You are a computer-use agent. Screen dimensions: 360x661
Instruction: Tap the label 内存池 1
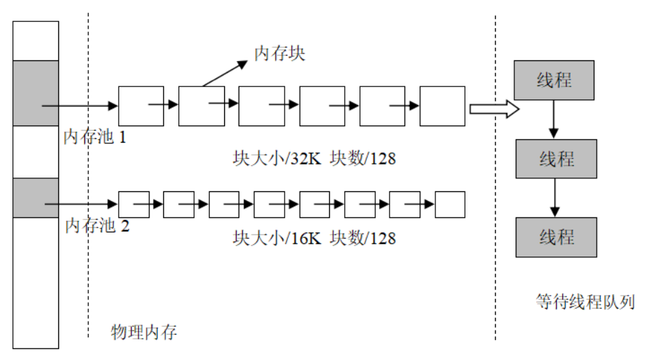tap(95, 136)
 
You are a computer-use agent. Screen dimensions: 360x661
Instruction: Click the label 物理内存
tap(144, 333)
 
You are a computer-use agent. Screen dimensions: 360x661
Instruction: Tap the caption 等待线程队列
tap(586, 301)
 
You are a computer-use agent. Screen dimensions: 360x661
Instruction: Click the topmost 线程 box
tap(554, 80)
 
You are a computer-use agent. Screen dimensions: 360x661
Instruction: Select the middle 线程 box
tap(555, 159)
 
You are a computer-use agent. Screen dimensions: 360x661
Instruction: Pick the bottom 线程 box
tap(555, 237)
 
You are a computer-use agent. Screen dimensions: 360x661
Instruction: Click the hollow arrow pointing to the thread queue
tap(492, 108)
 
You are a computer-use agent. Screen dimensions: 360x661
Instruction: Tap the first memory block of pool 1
tap(141, 106)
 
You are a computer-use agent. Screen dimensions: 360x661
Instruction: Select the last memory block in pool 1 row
tap(442, 106)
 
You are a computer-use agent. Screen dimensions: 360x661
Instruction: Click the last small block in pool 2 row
tap(450, 204)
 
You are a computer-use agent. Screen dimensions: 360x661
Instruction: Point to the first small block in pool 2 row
tap(134, 204)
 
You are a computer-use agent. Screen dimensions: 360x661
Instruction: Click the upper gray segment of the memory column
tap(36, 93)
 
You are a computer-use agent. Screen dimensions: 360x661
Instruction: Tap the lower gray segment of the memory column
tap(36, 197)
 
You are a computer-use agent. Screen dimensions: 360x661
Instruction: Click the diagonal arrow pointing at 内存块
tap(225, 73)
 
